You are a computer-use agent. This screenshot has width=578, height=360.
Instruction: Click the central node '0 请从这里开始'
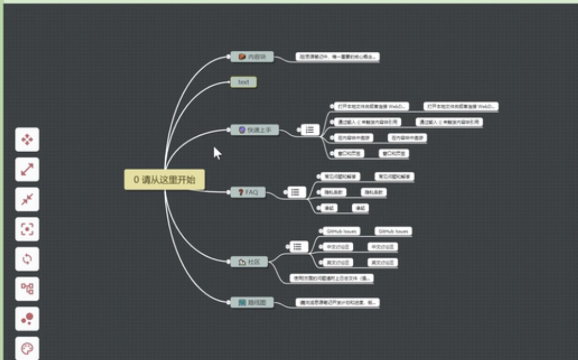164,179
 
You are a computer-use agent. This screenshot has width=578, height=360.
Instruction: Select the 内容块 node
252,57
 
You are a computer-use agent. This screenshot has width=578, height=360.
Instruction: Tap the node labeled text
243,82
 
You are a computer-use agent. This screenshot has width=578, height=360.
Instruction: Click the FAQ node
248,192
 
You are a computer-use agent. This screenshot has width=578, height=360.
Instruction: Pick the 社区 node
249,262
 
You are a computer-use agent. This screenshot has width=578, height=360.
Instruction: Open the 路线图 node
252,302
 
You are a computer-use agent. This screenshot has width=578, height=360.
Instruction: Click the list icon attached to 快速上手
310,130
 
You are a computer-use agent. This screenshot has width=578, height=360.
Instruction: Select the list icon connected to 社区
297,247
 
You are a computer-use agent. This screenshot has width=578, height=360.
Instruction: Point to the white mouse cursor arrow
216,152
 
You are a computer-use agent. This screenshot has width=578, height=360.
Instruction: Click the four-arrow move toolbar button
27,140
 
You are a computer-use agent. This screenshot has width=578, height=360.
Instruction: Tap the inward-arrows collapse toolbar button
27,200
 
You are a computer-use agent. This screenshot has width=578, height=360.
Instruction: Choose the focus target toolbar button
27,229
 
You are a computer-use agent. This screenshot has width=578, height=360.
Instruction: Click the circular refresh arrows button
27,259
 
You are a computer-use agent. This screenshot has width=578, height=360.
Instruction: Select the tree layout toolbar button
27,289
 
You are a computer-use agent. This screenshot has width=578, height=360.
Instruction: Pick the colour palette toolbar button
27,348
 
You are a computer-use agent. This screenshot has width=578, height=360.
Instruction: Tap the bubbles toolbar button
27,319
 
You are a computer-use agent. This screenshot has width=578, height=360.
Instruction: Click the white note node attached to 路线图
337,302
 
